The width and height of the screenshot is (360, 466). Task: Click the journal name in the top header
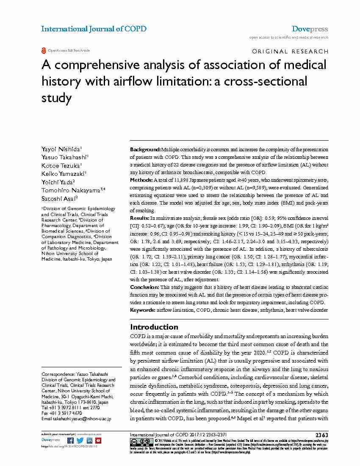coord(94,29)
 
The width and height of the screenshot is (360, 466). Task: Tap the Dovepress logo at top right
coord(310,29)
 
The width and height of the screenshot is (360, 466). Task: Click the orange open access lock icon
coord(43,51)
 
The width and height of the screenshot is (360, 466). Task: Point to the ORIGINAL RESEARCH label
coord(290,52)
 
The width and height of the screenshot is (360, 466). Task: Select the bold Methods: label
coord(141,180)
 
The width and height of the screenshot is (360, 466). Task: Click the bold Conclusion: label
coord(144,288)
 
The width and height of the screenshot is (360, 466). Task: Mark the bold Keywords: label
coord(143,310)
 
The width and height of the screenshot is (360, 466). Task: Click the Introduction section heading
coord(154,327)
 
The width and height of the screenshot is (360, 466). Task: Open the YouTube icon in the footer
coord(98,441)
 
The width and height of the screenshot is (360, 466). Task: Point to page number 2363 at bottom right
coord(321,435)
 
